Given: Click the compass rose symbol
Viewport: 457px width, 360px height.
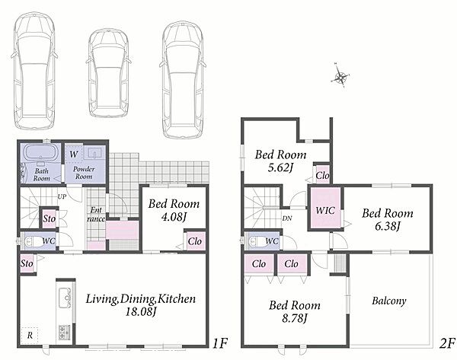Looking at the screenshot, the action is tap(340, 75).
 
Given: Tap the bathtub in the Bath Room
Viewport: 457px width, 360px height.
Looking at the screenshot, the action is tap(41, 152).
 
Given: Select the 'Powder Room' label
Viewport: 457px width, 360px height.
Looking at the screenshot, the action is tap(84, 173).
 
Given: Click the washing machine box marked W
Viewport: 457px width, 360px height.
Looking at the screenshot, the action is tap(74, 154).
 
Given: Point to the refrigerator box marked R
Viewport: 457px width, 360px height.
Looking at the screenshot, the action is tap(30, 336).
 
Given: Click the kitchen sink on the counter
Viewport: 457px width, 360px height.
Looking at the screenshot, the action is tap(65, 298).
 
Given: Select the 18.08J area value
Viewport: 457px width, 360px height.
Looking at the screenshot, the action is tap(141, 312).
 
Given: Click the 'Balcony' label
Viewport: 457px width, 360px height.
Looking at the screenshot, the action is tap(389, 301).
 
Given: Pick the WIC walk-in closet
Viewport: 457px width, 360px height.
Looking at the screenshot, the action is tap(325, 209).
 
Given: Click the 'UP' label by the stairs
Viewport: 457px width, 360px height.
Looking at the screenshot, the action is tap(62, 196).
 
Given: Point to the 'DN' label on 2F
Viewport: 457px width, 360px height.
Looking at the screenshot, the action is tap(287, 218).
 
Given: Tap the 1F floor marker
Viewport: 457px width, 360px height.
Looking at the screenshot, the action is tap(219, 343).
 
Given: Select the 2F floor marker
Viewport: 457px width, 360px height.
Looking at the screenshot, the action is tap(447, 343).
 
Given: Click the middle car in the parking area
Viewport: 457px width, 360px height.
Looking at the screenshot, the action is tap(108, 73).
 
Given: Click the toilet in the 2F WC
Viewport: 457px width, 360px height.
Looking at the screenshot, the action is tap(255, 241).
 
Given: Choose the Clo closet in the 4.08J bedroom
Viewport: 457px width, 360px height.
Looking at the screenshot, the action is tap(195, 241).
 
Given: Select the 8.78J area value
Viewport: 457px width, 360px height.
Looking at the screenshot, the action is tap(294, 318).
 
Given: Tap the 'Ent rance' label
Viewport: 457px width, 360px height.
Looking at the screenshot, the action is tap(96, 215).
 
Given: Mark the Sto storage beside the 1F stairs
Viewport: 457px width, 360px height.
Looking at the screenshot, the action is tap(49, 218).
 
